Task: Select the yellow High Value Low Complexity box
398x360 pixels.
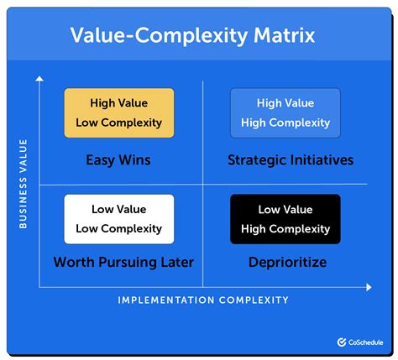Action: tap(119, 112)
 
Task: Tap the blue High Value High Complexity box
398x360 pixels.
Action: tap(285, 112)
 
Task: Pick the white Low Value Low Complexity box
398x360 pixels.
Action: tap(119, 219)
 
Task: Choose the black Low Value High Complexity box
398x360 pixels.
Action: tap(285, 219)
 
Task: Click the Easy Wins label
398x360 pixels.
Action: tap(119, 159)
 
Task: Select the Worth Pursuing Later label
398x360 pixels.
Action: tap(123, 263)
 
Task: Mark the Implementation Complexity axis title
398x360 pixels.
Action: tap(203, 300)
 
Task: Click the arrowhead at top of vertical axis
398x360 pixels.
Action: tap(39, 78)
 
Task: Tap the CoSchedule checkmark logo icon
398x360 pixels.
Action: tap(342, 342)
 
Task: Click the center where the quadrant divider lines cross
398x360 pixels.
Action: tap(202, 184)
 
